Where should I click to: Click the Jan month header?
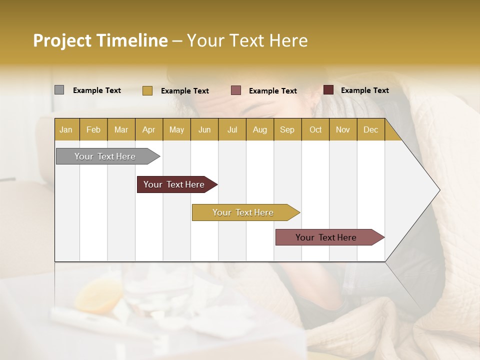click(x=66, y=130)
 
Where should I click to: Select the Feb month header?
click(x=93, y=130)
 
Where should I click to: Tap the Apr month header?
click(x=149, y=130)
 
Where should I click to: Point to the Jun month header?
click(x=204, y=130)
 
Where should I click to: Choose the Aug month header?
click(x=260, y=130)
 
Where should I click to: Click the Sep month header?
click(x=287, y=130)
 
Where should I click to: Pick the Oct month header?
click(x=315, y=130)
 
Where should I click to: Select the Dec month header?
click(x=371, y=130)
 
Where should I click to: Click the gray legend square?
click(x=59, y=90)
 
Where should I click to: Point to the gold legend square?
click(x=147, y=90)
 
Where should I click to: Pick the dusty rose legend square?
click(x=236, y=90)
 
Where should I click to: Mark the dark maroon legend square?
click(x=328, y=90)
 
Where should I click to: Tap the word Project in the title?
click(x=62, y=40)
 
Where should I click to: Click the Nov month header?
click(x=343, y=130)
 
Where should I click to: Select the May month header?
click(x=176, y=130)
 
